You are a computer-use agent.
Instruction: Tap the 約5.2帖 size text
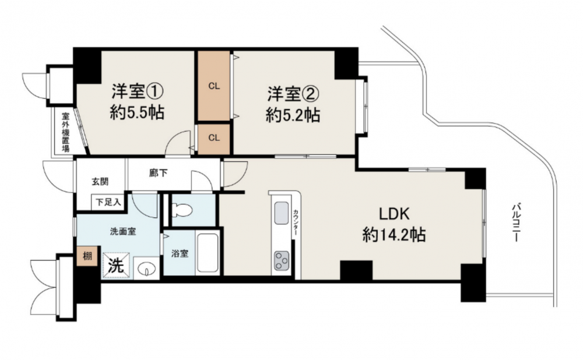click(x=293, y=115)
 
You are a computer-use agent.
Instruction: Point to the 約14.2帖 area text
click(x=394, y=235)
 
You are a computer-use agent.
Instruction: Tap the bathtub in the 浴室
click(x=208, y=253)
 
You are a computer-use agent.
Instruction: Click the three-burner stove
click(x=282, y=261)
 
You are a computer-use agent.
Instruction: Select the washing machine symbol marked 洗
click(x=117, y=265)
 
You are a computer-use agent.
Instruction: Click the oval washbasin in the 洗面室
click(x=146, y=268)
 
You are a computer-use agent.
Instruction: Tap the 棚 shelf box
click(x=87, y=256)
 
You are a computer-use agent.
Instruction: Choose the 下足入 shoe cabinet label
click(x=108, y=202)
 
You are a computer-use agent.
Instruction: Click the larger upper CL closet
click(x=214, y=86)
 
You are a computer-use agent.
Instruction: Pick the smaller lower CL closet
click(x=214, y=138)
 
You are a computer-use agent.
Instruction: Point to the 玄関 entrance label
click(x=100, y=182)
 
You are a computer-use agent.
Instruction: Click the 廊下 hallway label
click(x=159, y=173)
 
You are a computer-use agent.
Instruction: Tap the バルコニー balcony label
click(x=515, y=222)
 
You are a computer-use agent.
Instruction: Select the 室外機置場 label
click(x=66, y=132)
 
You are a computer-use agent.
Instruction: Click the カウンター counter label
click(x=296, y=222)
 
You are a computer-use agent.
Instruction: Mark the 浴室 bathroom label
click(x=180, y=254)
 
